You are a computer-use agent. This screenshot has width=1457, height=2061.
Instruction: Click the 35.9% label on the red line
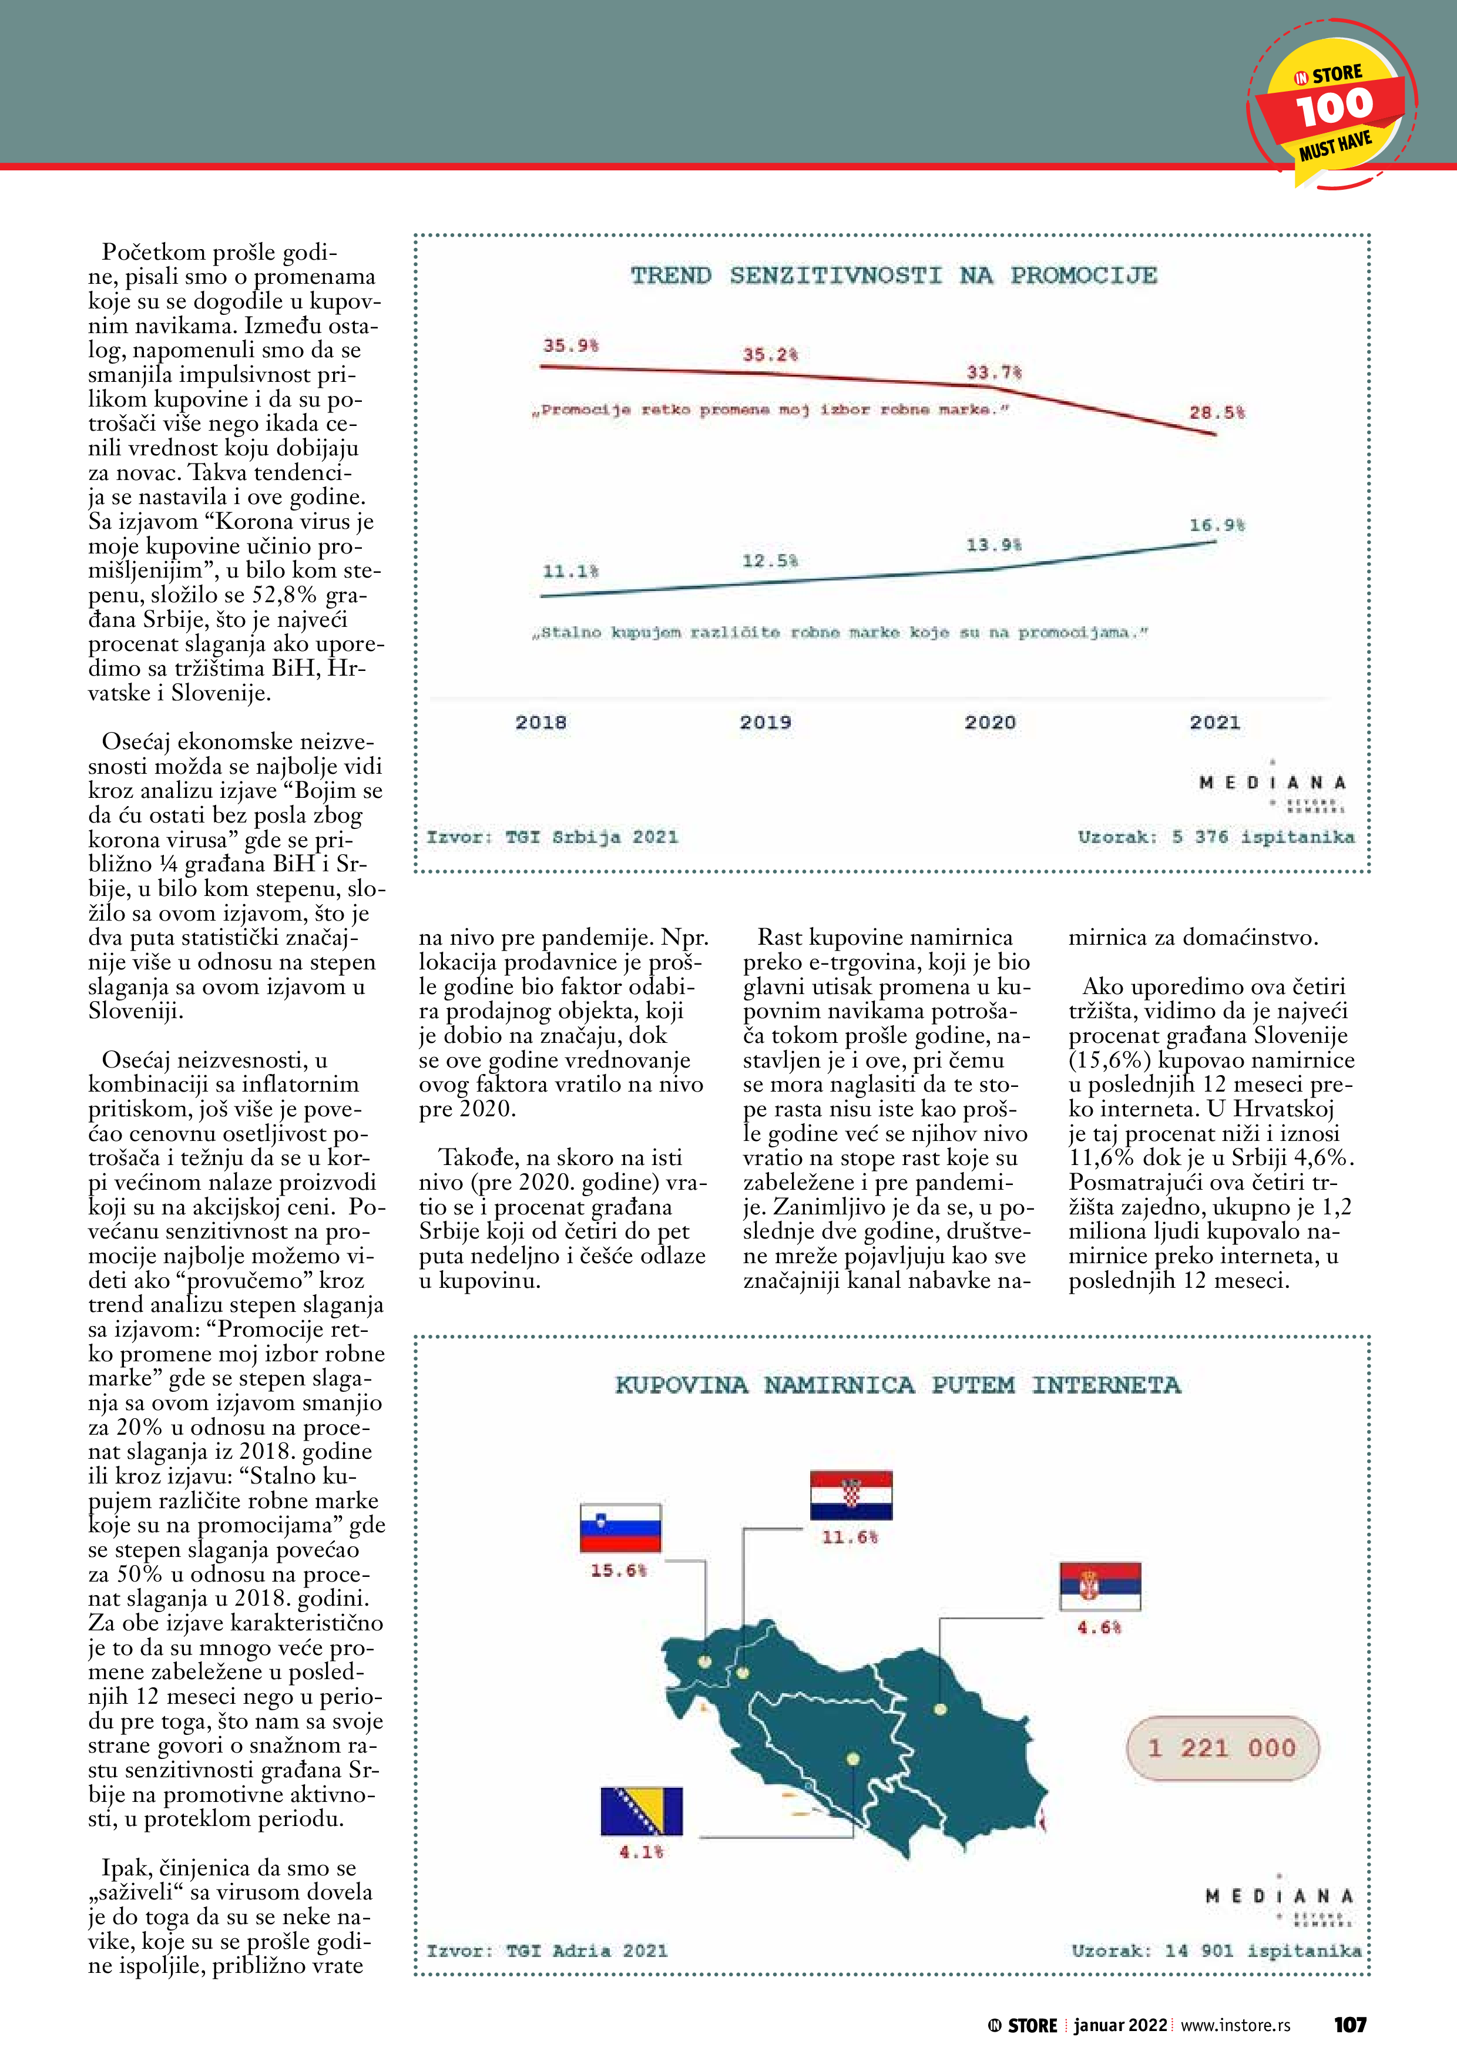click(570, 345)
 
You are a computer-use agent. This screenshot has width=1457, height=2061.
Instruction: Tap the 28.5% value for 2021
click(1216, 413)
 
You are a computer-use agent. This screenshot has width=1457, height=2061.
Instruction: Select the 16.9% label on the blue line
click(1216, 525)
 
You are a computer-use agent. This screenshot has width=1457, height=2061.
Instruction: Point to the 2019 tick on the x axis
click(765, 723)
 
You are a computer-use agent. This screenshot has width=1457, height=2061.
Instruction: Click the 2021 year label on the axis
click(1214, 723)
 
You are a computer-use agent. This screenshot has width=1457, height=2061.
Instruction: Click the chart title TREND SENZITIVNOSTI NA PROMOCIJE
click(893, 276)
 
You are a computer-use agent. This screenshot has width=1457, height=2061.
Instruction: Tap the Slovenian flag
click(620, 1528)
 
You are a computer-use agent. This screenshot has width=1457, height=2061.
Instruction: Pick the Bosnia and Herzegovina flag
click(641, 1811)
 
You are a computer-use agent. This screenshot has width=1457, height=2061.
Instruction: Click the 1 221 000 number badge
click(1222, 1748)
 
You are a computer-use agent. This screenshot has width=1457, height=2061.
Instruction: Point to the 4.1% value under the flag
click(641, 1852)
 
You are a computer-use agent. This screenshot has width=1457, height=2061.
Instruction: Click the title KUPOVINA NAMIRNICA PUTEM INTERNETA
click(897, 1385)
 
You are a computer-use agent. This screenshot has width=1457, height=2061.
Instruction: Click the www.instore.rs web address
click(1236, 2025)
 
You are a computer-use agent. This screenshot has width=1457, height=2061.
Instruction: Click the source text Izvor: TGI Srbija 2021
click(552, 837)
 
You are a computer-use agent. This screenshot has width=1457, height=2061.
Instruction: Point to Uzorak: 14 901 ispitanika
click(1216, 1951)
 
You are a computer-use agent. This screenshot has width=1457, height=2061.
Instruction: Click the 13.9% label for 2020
click(993, 545)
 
